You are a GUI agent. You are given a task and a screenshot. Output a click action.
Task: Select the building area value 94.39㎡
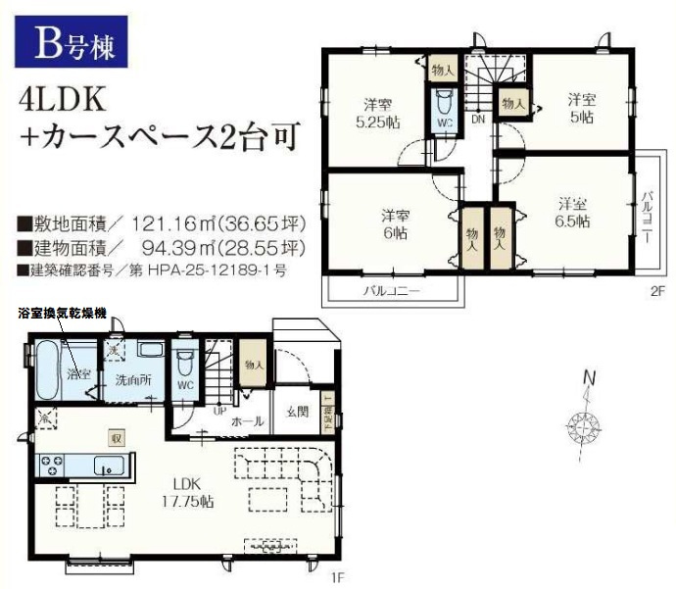(158, 244)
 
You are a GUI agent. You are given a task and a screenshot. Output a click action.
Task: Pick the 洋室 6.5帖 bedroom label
(574, 213)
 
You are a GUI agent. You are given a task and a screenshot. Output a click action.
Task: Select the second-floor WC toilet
(442, 112)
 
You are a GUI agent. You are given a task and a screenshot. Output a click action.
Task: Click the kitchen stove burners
(51, 463)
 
